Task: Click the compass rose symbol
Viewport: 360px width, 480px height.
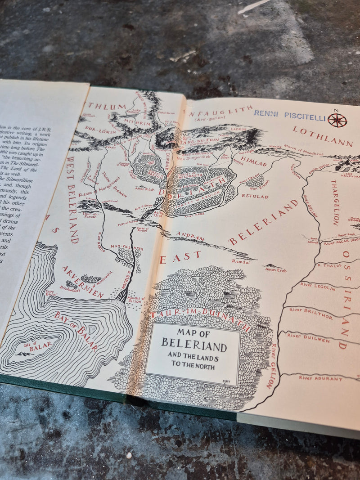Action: [337, 120]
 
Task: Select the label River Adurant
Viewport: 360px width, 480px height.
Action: [321, 378]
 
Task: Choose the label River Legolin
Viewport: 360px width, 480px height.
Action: [318, 287]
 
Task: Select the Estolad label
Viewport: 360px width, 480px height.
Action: [255, 196]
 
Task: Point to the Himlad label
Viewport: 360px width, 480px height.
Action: [253, 161]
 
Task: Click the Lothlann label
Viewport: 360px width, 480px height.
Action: [323, 136]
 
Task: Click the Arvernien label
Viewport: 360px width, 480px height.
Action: [83, 282]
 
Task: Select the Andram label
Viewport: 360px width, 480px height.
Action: [187, 234]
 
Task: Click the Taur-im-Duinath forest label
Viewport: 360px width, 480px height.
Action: [200, 314]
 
